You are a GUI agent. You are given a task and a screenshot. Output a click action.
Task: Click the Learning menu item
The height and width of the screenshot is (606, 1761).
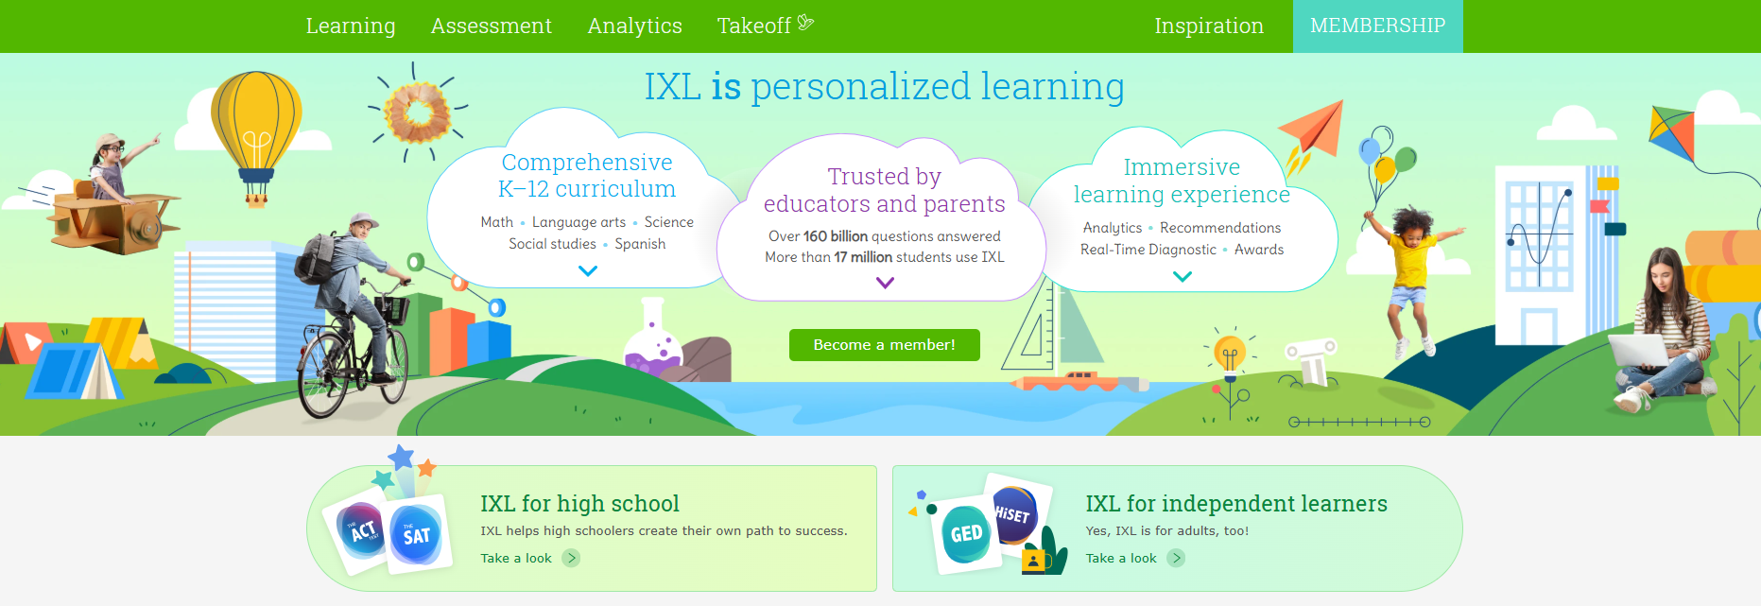coord(351,26)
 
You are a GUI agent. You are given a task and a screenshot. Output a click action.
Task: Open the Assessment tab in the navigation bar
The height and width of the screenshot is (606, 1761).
coord(492,26)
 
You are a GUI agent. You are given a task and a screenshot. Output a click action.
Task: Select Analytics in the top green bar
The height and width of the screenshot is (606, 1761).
coord(634,26)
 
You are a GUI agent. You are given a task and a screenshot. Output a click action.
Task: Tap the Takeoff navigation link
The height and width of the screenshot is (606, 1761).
coord(765,26)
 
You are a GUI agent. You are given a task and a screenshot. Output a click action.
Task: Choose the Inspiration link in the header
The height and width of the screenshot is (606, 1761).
coord(1209,26)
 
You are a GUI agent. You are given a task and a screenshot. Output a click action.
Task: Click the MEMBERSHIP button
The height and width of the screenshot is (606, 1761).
coord(1378,26)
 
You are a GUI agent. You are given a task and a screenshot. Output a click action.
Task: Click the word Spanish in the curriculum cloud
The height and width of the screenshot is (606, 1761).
coord(640,244)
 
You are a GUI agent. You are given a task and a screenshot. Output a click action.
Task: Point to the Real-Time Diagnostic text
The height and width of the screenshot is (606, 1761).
coord(1148,250)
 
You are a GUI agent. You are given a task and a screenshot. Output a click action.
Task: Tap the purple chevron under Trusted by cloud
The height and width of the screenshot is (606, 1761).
coord(885,283)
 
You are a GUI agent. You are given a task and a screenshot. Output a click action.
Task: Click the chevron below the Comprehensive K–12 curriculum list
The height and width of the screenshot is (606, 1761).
coord(588,271)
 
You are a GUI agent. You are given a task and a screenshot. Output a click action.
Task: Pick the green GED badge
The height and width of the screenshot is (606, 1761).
coord(966,533)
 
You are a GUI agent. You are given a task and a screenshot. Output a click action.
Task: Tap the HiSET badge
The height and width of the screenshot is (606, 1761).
coord(1014,513)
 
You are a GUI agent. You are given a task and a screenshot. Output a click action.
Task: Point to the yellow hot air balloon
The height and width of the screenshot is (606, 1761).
coord(256,128)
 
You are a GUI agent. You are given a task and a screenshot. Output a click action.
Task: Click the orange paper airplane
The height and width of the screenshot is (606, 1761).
coord(1314,129)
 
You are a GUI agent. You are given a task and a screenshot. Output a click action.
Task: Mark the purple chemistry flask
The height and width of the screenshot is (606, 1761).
coord(653,338)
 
